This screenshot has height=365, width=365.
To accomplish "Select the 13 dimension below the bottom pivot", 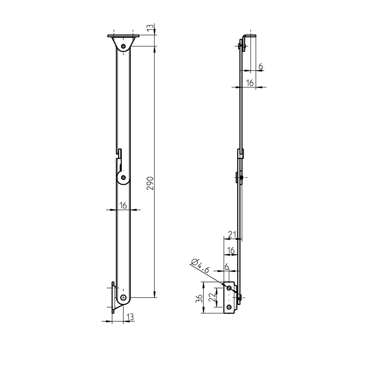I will pos(130,317).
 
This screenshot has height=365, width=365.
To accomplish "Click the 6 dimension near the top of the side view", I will pos(260,66).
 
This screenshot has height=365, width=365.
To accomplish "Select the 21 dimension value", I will pos(232,234).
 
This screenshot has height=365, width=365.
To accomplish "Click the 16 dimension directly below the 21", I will pos(231,250).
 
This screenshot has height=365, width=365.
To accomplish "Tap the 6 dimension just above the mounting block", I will pos(226,266).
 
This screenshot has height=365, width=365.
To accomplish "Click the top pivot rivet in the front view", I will pos(123,46).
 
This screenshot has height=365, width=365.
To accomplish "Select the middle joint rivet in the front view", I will pos(123,177).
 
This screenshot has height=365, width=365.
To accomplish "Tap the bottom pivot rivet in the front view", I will pos(123,297).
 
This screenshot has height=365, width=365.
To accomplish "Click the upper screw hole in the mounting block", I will pos(229,287).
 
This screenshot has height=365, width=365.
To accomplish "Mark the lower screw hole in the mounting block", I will pos(229,307).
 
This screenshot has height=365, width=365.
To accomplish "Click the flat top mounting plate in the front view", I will pos(123,36).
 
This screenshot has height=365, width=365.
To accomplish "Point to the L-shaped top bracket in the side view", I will pos(250,35).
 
